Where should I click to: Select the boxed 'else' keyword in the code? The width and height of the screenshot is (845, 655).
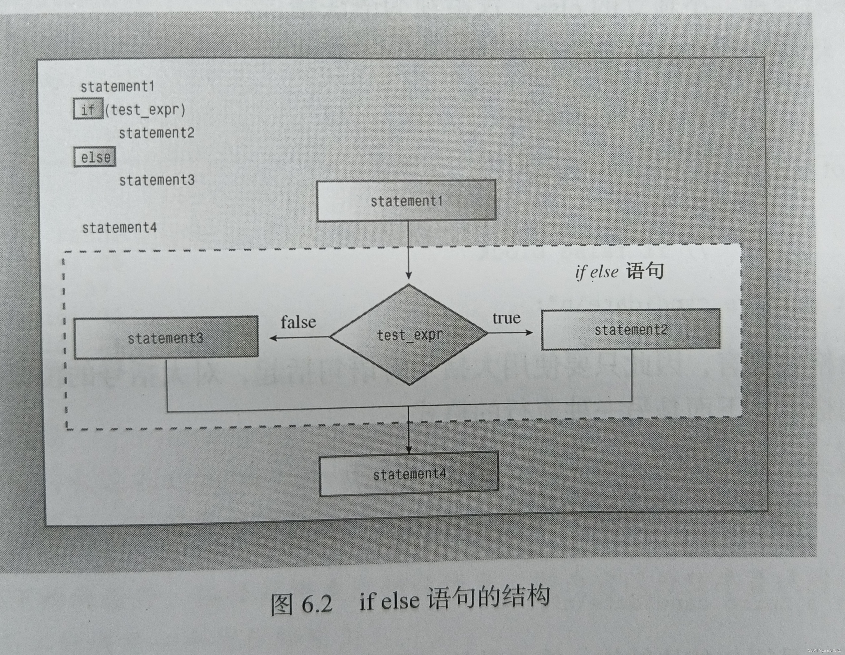95,157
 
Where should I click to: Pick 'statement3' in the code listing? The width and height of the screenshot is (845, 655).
157,180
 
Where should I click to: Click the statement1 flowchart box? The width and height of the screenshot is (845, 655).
406,201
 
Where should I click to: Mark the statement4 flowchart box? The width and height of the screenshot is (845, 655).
409,474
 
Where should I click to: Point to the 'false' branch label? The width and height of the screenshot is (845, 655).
298,322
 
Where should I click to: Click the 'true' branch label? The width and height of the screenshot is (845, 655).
506,318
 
